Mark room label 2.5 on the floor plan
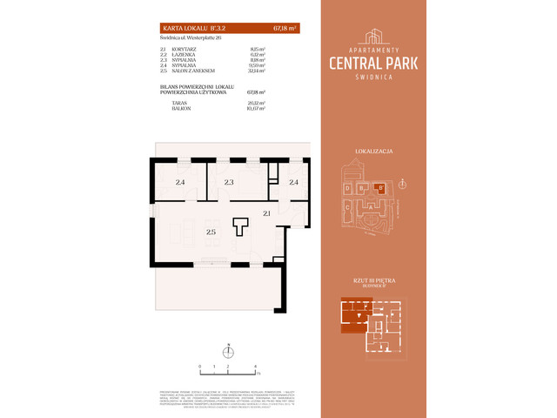pos(211,233)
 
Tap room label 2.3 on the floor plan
pos(229,183)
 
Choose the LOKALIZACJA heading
pos(375,152)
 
